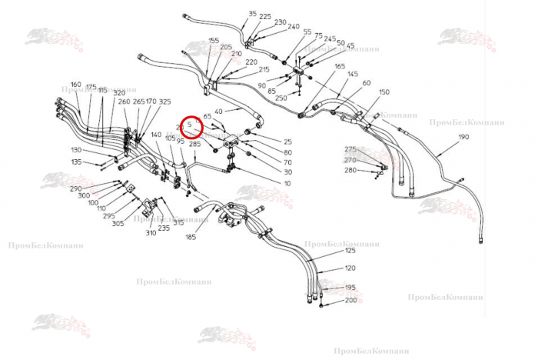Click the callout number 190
tap(463, 137)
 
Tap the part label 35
tap(253, 14)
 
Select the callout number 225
tap(265, 17)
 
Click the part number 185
tap(191, 238)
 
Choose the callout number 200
tap(350, 300)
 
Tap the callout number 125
tap(350, 251)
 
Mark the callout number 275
tap(350, 149)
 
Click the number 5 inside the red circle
tap(190, 123)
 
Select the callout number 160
tap(75, 85)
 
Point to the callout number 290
tap(75, 188)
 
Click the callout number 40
tap(219, 112)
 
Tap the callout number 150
tap(384, 92)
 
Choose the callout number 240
tap(294, 27)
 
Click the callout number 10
tap(287, 183)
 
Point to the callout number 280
tap(350, 170)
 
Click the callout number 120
tap(350, 268)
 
